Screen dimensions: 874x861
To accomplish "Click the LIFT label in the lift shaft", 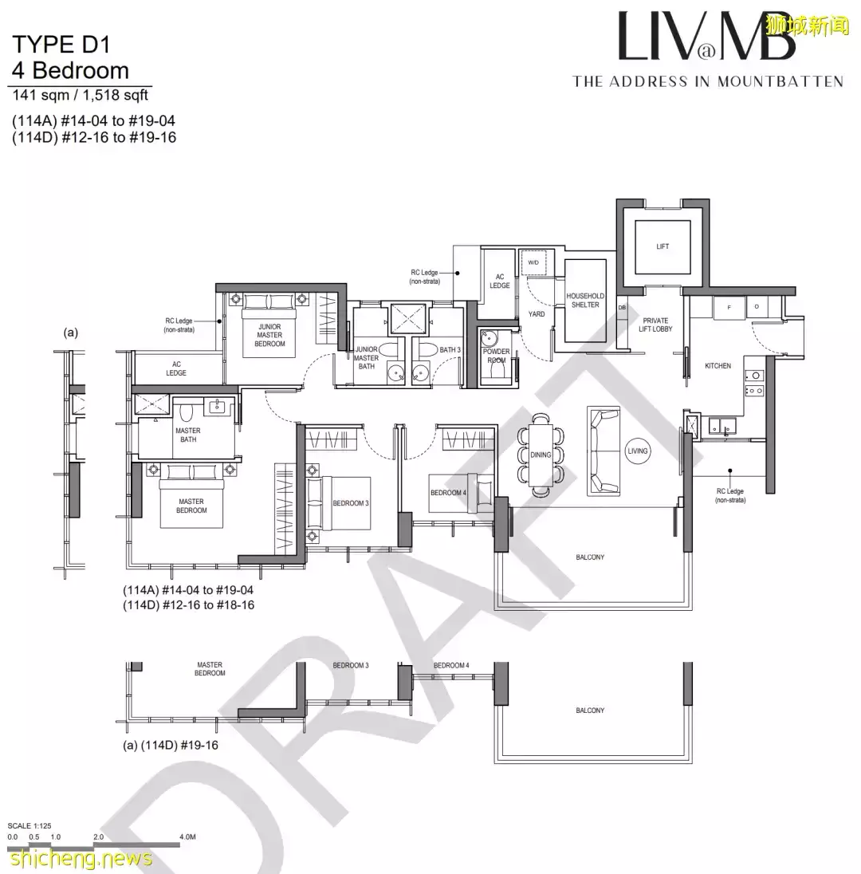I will [662, 246].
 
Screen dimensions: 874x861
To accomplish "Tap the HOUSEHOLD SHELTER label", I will [585, 300].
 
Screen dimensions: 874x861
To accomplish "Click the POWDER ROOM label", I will [496, 356].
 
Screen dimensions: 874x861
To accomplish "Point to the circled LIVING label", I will [638, 451].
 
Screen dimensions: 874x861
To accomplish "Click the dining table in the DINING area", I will [541, 454].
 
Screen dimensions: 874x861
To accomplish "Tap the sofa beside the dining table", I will [603, 451].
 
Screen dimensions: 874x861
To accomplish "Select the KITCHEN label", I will [717, 366].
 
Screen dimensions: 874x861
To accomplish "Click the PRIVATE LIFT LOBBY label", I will [655, 325].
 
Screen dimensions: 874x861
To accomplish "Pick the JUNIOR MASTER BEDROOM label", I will [269, 335].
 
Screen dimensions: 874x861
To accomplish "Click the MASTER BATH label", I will [188, 435].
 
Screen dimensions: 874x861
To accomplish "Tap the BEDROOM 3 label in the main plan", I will [351, 502].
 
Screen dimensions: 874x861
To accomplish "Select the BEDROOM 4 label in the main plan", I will [448, 493].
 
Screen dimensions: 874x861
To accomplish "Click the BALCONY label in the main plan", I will [590, 557].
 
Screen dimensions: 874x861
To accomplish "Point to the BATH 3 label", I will [450, 349].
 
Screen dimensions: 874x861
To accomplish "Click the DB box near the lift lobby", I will [621, 308].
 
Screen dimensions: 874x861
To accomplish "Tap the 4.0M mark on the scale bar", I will [187, 837].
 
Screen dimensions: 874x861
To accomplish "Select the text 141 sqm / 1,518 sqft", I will [79, 96].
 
